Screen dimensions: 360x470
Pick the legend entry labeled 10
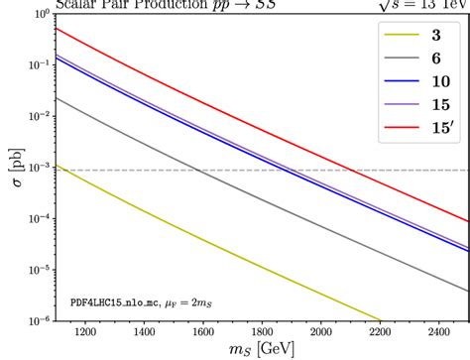point(409,85)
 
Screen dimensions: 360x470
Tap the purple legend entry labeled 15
point(409,108)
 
